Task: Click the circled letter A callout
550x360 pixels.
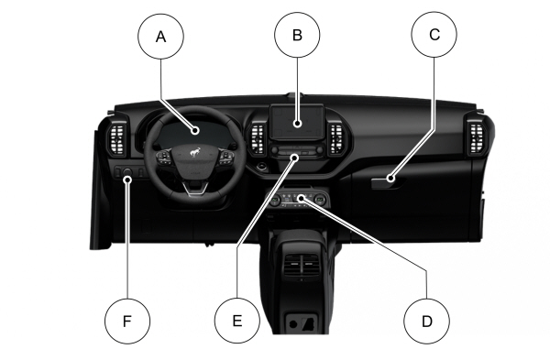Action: click(x=160, y=36)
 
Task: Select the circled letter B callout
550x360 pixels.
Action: click(x=297, y=35)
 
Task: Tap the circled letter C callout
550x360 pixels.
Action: click(x=434, y=35)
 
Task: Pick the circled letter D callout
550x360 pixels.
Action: click(x=426, y=322)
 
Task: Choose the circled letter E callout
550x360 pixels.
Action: click(x=237, y=321)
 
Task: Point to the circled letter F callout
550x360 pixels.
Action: click(x=127, y=321)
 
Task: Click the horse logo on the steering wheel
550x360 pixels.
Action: click(x=195, y=152)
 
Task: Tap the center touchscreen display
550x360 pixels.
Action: click(x=297, y=122)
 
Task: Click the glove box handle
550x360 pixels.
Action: click(x=387, y=182)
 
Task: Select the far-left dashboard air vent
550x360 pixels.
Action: click(x=117, y=139)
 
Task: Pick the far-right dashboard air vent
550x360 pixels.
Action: click(x=477, y=139)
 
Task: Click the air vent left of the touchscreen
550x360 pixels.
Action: click(x=257, y=138)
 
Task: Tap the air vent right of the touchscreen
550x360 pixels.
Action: click(x=336, y=139)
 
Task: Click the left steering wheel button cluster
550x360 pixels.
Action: click(x=164, y=158)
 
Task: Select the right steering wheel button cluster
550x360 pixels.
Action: click(x=226, y=158)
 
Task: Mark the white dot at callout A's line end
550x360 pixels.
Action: click(x=195, y=131)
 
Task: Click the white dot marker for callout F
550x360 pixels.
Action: click(x=127, y=180)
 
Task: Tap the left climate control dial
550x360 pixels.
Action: click(x=275, y=200)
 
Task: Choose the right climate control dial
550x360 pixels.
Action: click(x=320, y=200)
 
